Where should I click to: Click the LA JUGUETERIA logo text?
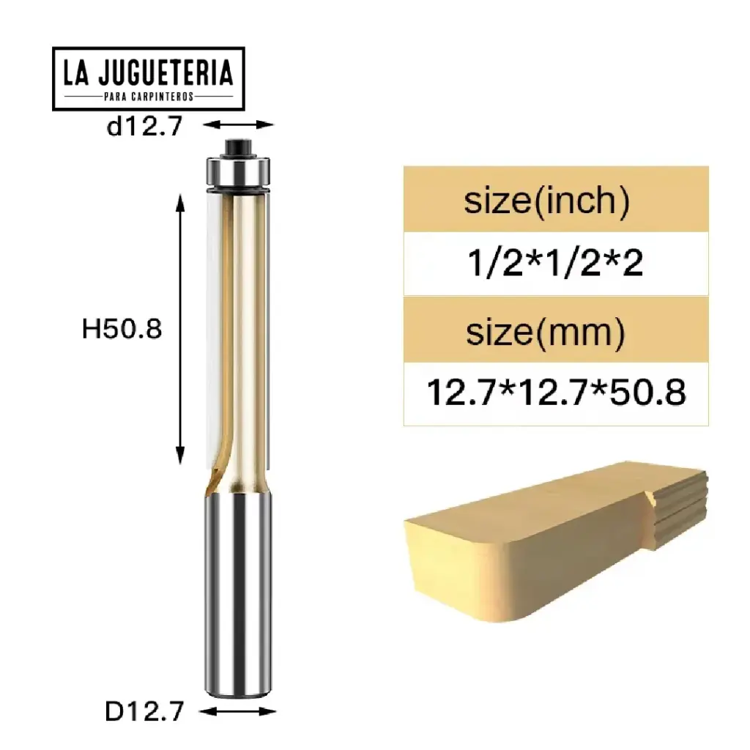(148, 73)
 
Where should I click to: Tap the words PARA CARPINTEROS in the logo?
(148, 97)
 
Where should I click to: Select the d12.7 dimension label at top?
(143, 127)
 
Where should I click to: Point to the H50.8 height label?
(122, 329)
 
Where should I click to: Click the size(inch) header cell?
(546, 200)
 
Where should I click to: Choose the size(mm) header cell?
(546, 333)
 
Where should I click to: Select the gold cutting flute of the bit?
(245, 330)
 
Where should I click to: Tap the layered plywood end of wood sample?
(681, 505)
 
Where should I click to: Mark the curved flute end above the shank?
(214, 480)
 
